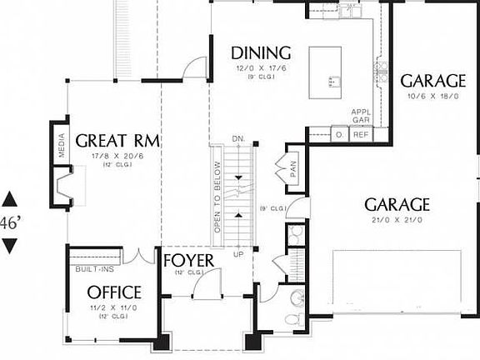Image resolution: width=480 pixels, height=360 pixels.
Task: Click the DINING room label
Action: tap(261, 54)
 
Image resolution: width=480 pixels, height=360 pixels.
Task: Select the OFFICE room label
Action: tap(114, 292)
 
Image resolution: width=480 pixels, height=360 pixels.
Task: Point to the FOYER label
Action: tap(188, 261)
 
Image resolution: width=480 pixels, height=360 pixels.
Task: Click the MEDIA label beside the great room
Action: tap(61, 146)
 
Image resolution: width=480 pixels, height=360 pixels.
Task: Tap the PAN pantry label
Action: tap(294, 170)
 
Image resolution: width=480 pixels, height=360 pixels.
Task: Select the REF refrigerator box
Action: tap(361, 134)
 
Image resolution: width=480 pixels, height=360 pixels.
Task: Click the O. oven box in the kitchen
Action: tap(340, 134)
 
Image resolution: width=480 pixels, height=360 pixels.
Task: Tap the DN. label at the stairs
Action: tap(238, 138)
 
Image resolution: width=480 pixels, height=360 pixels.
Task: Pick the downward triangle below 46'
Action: tap(10, 245)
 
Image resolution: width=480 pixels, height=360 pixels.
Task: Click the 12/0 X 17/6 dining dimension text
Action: tap(261, 70)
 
